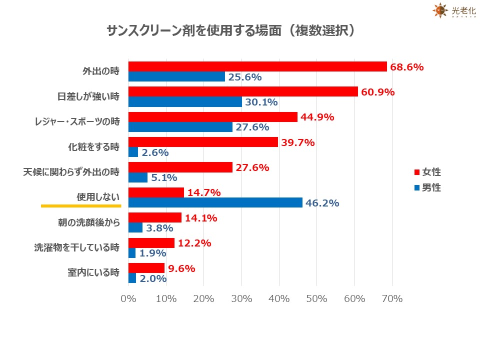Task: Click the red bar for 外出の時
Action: point(257,66)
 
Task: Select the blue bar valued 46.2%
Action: point(215,202)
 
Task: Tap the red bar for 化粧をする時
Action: point(203,142)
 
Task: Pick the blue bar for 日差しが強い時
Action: point(185,101)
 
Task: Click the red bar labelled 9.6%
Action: point(146,268)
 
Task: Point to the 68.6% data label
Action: point(407,66)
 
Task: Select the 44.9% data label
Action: point(317,117)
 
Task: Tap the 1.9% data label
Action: point(152,253)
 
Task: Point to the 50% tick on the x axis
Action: point(317,299)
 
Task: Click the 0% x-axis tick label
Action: point(128,299)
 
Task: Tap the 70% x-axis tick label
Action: point(392,299)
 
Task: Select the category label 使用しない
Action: point(98,197)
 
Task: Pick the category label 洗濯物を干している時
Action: point(77,247)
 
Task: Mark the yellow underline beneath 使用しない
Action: point(81,205)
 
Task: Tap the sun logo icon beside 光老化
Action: point(439,10)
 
